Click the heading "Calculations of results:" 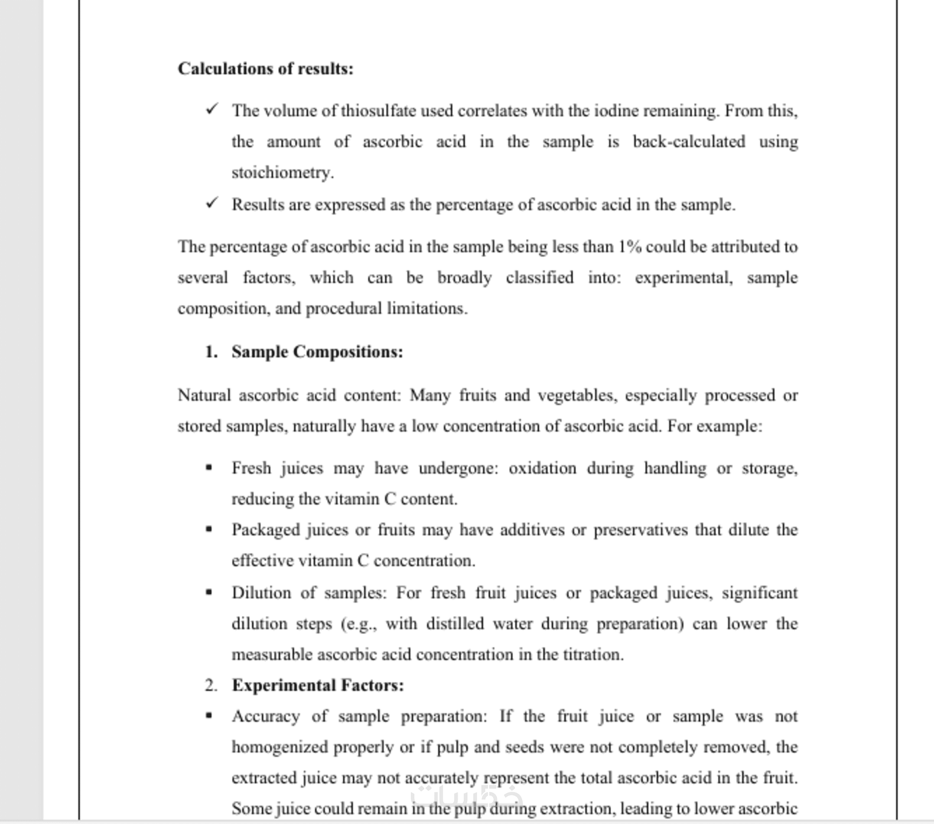(266, 69)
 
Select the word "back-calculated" (689, 142)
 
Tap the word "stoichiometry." (283, 173)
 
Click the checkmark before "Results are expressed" (212, 203)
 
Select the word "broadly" (464, 278)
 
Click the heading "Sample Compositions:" (317, 352)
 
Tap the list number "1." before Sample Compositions (211, 352)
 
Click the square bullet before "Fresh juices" (209, 468)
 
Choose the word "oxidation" (542, 468)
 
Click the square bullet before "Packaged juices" (209, 529)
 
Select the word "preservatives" (641, 530)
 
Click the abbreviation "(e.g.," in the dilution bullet (359, 624)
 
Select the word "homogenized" (280, 747)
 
